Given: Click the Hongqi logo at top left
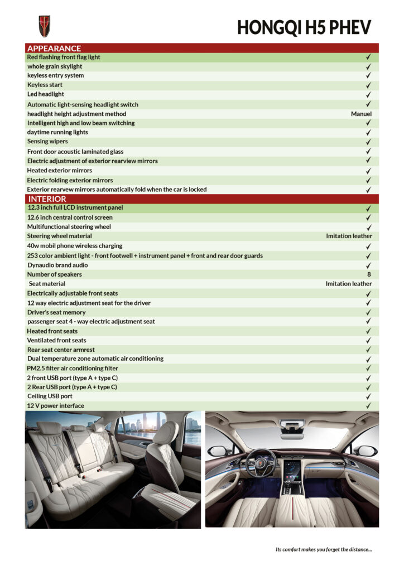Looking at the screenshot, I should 44,26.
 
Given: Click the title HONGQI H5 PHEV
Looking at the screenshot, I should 304,27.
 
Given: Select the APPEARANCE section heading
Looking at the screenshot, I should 54,48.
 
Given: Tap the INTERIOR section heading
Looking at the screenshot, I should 47,199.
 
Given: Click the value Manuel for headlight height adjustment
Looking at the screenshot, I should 361,114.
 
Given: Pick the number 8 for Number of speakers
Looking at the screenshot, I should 369,274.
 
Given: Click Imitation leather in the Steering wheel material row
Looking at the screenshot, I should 349,236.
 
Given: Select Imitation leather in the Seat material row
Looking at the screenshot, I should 349,284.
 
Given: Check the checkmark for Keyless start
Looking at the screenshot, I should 368,85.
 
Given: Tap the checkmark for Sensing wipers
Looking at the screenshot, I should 368,142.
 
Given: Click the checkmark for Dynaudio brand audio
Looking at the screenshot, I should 368,265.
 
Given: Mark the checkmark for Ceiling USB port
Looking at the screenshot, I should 368,396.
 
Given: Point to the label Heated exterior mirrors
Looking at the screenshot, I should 60,171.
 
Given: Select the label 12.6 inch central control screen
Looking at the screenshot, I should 70,217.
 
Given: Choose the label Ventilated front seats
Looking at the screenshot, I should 56,340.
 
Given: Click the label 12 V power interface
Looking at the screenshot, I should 56,406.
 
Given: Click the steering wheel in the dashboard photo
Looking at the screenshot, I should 261,462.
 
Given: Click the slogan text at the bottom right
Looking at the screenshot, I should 324,549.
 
